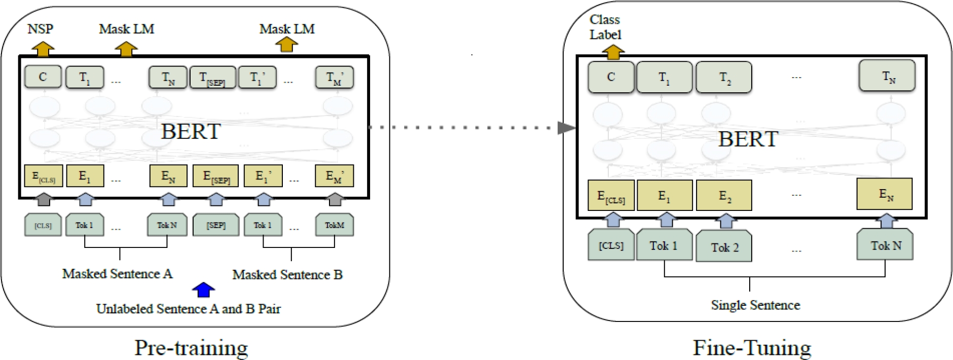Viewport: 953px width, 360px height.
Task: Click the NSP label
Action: coord(40,29)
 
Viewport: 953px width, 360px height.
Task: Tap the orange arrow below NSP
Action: coord(43,49)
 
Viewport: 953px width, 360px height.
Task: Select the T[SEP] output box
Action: coord(212,78)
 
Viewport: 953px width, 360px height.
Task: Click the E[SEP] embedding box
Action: coord(216,176)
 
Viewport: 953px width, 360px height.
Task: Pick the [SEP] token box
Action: coord(216,225)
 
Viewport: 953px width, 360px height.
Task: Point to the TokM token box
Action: coord(335,225)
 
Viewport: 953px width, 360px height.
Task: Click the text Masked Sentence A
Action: coord(117,274)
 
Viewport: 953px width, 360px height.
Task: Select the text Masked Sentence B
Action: coord(287,275)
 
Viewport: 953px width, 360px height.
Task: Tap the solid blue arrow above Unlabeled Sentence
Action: coord(203,290)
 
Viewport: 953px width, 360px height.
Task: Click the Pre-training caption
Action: coord(191,348)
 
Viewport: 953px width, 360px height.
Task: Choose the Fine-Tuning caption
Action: coord(752,348)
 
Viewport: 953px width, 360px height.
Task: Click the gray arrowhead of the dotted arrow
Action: coord(566,128)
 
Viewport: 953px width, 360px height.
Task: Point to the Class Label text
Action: coord(605,27)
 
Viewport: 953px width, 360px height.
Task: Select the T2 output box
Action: coord(724,78)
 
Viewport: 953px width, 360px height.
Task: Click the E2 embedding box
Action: coord(724,196)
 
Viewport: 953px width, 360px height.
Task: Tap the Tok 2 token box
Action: coord(724,247)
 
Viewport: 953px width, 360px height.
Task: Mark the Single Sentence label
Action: coord(755,305)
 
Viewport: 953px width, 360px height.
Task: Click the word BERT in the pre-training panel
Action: coord(191,132)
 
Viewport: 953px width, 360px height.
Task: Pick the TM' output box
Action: coord(335,78)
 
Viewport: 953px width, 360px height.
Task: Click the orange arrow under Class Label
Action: coord(613,52)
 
